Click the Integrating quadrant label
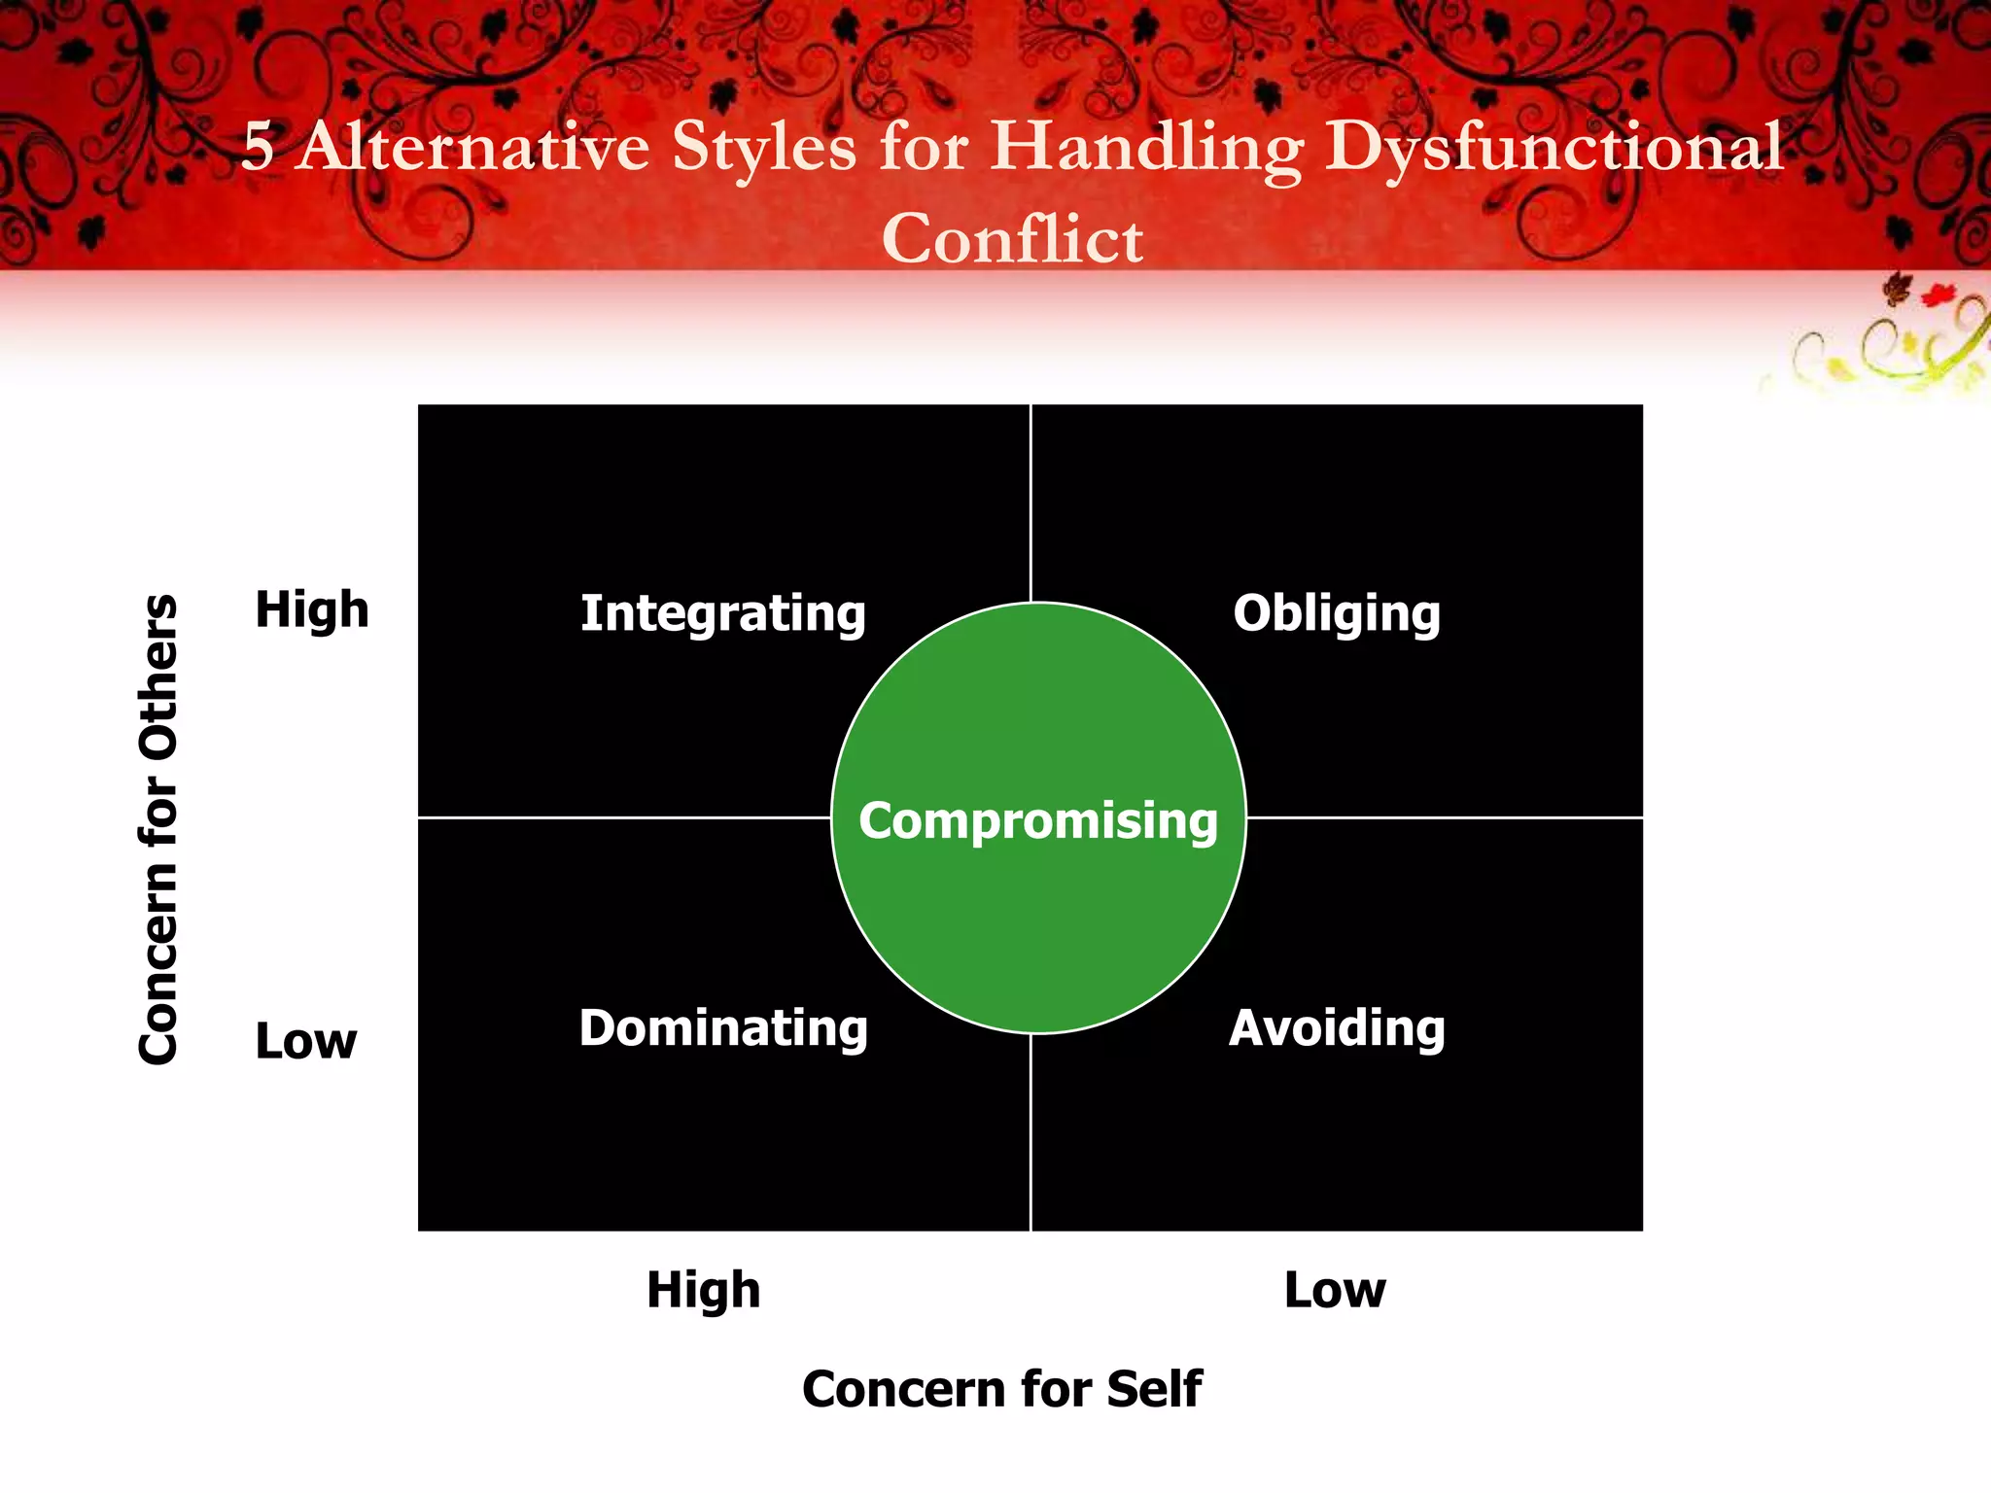[x=722, y=614]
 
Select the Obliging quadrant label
[x=1337, y=614]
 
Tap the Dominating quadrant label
[x=723, y=1028]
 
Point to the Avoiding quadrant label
[x=1337, y=1028]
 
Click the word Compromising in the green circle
[x=1038, y=820]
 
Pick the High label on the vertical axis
[x=312, y=610]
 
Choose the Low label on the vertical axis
[x=306, y=1041]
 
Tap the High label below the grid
[x=704, y=1291]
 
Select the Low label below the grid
[x=1335, y=1291]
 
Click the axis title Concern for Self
[x=1002, y=1388]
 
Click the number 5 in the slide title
[x=258, y=148]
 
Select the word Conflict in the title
[x=1012, y=239]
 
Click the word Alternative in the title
[x=472, y=148]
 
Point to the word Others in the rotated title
[x=158, y=677]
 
